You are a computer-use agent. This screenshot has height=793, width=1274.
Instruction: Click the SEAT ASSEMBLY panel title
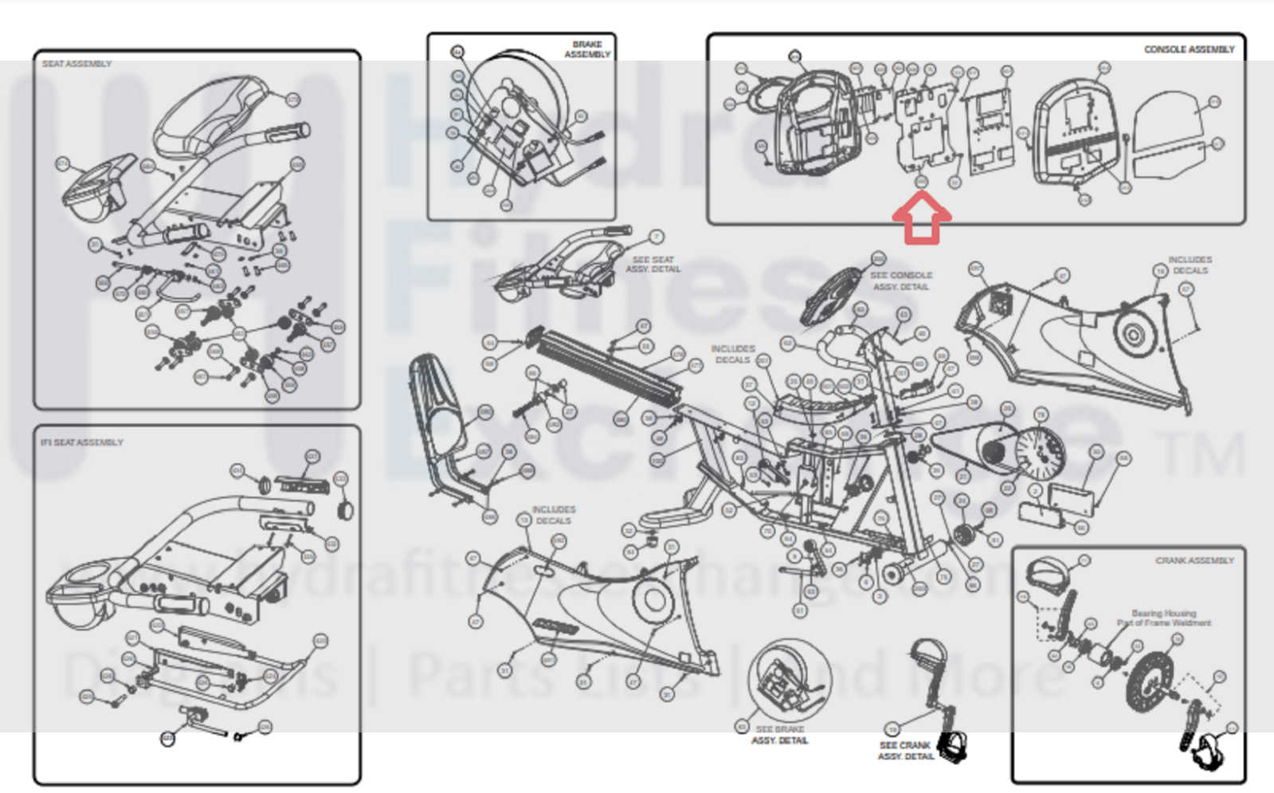pyautogui.click(x=76, y=64)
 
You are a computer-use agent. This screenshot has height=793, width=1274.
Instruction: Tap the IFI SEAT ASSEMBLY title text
pyautogui.click(x=82, y=442)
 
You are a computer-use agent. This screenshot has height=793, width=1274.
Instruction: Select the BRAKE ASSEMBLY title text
pyautogui.click(x=587, y=49)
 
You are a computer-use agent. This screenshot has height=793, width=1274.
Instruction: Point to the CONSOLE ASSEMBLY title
pyautogui.click(x=1189, y=49)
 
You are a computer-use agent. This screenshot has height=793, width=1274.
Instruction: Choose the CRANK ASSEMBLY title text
pyautogui.click(x=1194, y=561)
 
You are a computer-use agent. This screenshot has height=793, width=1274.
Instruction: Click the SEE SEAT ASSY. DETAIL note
pyautogui.click(x=653, y=265)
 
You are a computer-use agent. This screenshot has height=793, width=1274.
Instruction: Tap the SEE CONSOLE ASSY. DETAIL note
pyautogui.click(x=901, y=281)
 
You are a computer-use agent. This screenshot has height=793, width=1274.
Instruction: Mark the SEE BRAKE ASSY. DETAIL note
pyautogui.click(x=779, y=735)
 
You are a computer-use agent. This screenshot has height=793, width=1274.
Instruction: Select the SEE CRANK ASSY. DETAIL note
pyautogui.click(x=905, y=751)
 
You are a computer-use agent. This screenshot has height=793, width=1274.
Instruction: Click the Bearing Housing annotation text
pyautogui.click(x=1163, y=618)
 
